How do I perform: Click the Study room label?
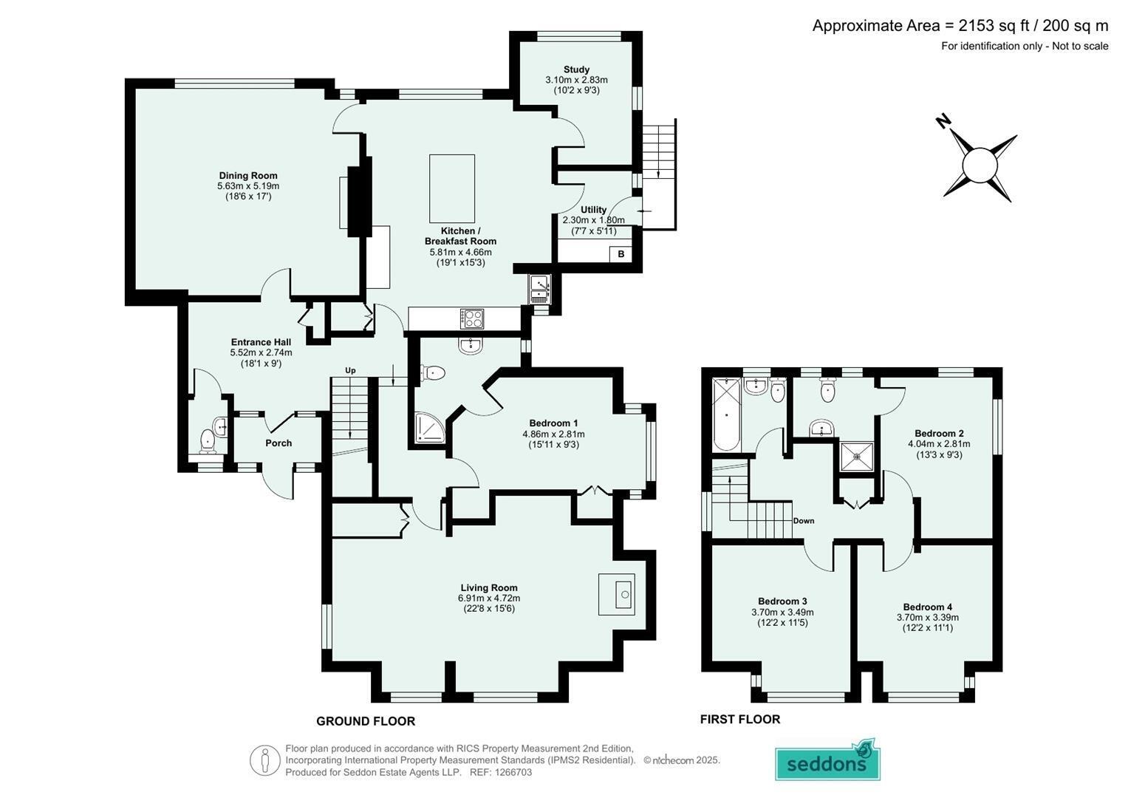point(577,69)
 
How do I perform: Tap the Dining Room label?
point(247,175)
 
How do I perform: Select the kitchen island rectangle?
point(451,188)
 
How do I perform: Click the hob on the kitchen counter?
point(472,319)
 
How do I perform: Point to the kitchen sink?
point(540,289)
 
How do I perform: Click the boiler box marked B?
point(621,254)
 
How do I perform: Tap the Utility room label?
point(593,210)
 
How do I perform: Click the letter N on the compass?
point(943,121)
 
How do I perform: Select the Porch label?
point(278,443)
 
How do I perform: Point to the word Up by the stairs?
point(350,370)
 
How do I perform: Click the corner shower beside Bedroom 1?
point(429,428)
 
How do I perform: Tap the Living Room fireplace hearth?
point(616,594)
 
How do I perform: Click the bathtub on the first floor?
point(726,415)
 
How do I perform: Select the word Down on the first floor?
point(803,520)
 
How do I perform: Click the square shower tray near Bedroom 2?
point(857,457)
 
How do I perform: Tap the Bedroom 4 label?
point(928,607)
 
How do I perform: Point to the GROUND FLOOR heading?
point(366,721)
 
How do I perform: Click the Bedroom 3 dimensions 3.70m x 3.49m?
point(782,612)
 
